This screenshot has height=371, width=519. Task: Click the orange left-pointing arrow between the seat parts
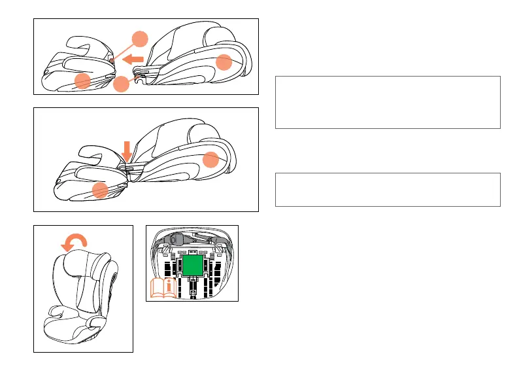point(134,60)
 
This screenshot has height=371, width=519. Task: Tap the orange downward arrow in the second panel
point(127,151)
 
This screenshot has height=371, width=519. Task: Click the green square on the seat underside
point(192,265)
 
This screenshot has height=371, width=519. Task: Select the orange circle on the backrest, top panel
point(224,63)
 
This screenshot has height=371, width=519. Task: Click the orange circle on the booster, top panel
point(82,81)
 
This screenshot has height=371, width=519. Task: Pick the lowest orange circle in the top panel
point(120,85)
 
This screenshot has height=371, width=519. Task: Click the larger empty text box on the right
point(388,102)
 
